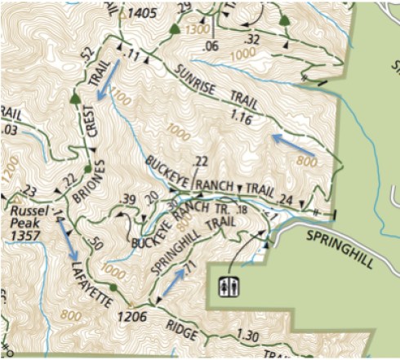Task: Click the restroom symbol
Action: click(x=229, y=287)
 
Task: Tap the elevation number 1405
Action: click(x=141, y=14)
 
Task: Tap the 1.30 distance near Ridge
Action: click(x=247, y=335)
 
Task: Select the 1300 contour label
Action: click(x=197, y=29)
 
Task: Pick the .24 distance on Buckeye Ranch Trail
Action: click(x=285, y=199)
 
